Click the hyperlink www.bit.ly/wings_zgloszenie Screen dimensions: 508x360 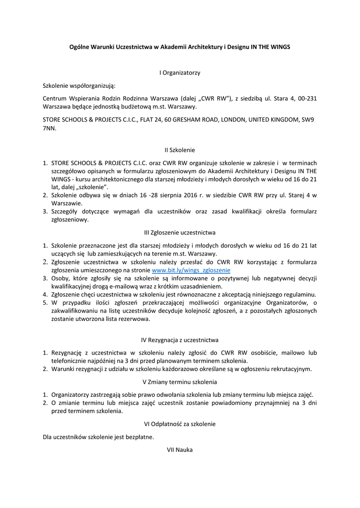(191, 270)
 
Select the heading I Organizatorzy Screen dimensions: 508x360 (180, 73)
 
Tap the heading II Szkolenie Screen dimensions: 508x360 (180, 149)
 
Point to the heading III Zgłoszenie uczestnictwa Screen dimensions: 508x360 (180, 232)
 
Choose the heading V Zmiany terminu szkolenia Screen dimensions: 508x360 (180, 382)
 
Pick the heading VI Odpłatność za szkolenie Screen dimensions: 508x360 (180, 424)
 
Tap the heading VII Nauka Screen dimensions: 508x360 (180, 449)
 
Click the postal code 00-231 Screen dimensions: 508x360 (307, 98)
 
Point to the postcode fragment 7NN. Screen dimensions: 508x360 (50, 128)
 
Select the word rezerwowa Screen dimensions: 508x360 (135, 319)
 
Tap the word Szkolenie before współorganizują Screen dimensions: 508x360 (57, 85)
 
